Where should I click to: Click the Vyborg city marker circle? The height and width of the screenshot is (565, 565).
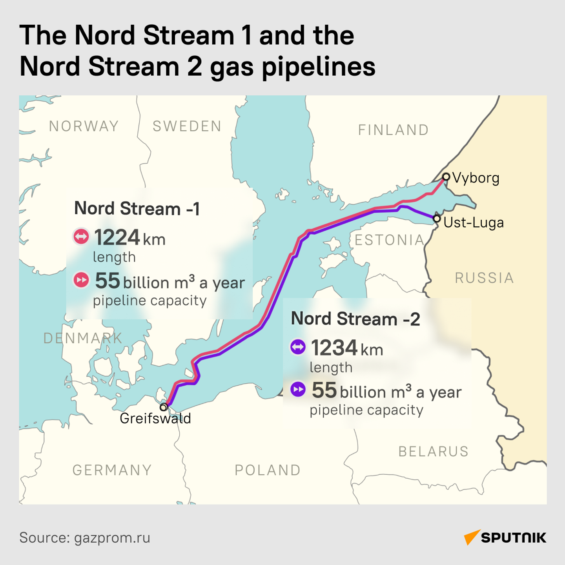click(x=446, y=177)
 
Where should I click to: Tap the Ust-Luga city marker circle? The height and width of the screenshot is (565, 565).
click(x=437, y=218)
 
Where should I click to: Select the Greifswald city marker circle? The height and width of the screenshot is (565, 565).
click(x=164, y=407)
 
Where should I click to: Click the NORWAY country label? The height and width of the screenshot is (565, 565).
click(x=84, y=126)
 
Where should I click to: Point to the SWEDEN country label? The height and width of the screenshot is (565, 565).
click(x=187, y=126)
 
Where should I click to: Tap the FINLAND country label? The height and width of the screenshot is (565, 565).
click(x=393, y=130)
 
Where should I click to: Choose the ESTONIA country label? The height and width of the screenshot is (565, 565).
click(x=390, y=240)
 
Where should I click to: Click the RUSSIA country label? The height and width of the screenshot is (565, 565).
click(x=484, y=278)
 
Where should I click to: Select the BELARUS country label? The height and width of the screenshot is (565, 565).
click(x=434, y=452)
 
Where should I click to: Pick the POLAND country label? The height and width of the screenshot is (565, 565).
click(x=268, y=470)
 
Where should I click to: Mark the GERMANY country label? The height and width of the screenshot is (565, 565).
click(x=112, y=470)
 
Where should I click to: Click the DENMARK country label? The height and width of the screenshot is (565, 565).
click(x=83, y=338)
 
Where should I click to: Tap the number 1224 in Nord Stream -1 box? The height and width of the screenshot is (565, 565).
click(x=117, y=237)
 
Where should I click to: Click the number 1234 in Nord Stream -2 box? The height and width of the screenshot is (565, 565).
click(x=334, y=348)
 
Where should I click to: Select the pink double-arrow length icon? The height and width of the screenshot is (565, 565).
click(x=81, y=237)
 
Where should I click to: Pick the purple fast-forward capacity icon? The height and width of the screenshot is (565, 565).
click(x=298, y=389)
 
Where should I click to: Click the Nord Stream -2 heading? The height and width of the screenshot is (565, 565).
click(x=355, y=319)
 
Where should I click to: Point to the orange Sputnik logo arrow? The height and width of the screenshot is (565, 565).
click(x=472, y=537)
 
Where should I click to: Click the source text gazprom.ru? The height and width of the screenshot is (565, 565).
click(x=112, y=538)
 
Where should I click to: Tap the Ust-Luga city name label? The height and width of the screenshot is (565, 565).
click(x=474, y=222)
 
